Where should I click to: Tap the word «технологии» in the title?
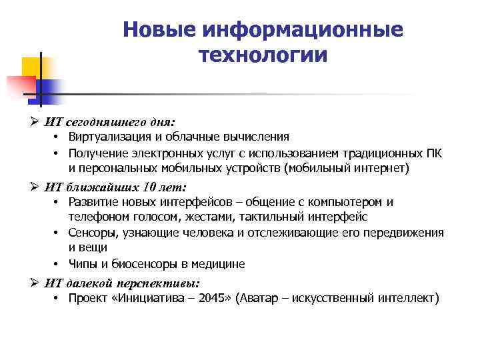point(263,55)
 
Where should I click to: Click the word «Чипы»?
point(83,264)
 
